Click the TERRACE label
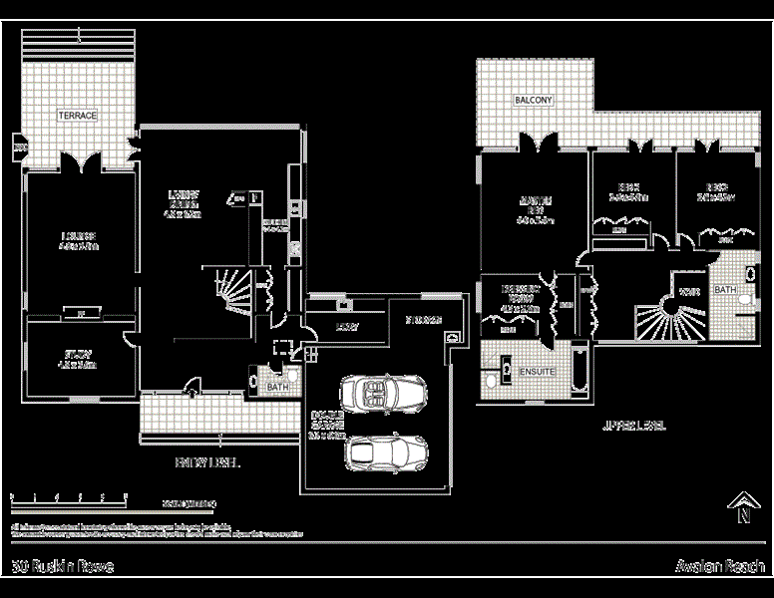[x=77, y=116]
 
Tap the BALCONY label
[x=533, y=102]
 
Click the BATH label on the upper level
[x=725, y=290]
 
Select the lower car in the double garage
[x=386, y=452]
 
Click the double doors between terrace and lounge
[x=79, y=162]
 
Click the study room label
[x=78, y=358]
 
